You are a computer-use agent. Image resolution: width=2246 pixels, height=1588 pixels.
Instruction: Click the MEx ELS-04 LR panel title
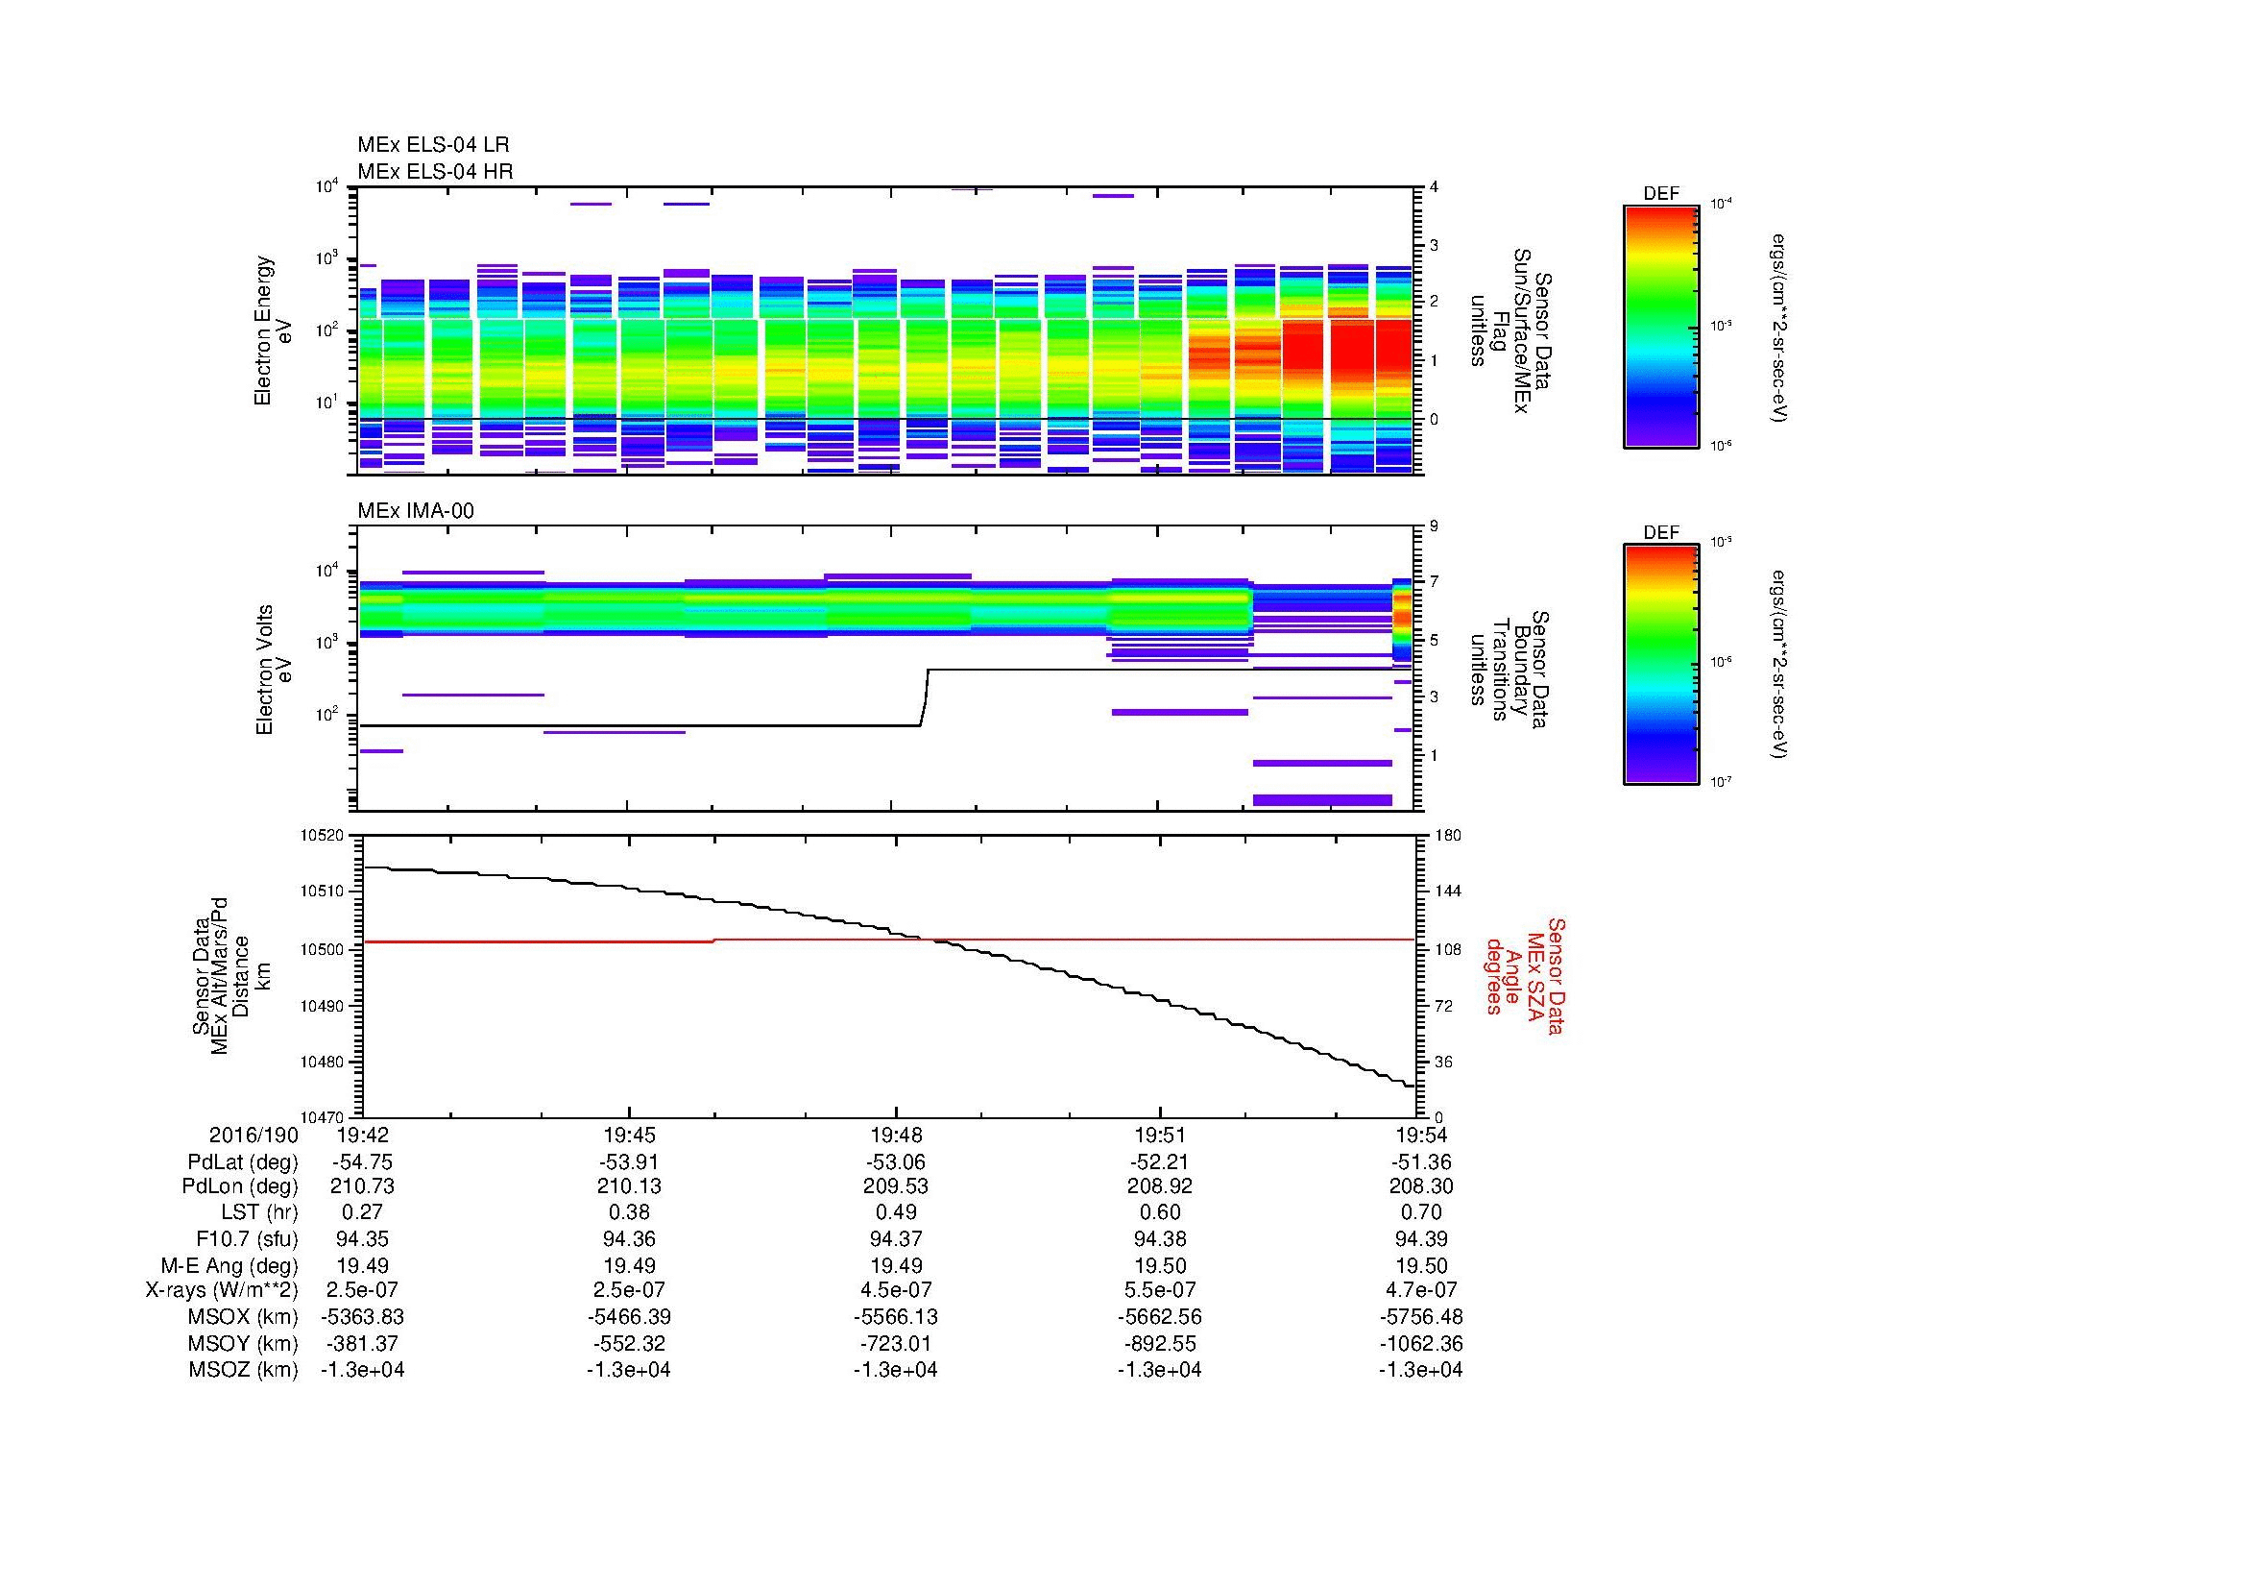[432, 146]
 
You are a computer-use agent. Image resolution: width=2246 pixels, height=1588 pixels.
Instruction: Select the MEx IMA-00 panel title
[415, 511]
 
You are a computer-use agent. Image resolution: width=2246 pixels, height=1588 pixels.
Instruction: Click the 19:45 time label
[629, 1135]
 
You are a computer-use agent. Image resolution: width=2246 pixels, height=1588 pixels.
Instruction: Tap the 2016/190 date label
[254, 1135]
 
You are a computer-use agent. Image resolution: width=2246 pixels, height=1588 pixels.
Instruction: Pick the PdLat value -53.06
[895, 1162]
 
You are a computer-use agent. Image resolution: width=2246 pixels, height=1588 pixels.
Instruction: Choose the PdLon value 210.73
[363, 1185]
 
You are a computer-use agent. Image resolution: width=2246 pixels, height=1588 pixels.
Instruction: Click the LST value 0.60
[1159, 1211]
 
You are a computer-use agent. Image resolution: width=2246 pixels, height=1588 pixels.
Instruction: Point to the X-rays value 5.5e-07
[1159, 1289]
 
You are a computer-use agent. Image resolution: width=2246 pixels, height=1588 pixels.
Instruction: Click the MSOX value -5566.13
[895, 1317]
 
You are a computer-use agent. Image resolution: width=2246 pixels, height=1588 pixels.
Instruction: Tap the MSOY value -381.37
[363, 1344]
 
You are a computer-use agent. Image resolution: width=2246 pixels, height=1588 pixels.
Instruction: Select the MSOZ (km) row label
[243, 1370]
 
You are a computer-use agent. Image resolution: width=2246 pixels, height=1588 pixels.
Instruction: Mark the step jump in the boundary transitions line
[924, 696]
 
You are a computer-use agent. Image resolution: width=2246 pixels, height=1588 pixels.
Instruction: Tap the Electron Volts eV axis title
[275, 670]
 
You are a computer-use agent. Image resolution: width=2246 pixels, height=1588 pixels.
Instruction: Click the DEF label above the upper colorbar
[1660, 194]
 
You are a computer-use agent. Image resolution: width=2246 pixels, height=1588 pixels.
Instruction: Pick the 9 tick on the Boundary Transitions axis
[1433, 526]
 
